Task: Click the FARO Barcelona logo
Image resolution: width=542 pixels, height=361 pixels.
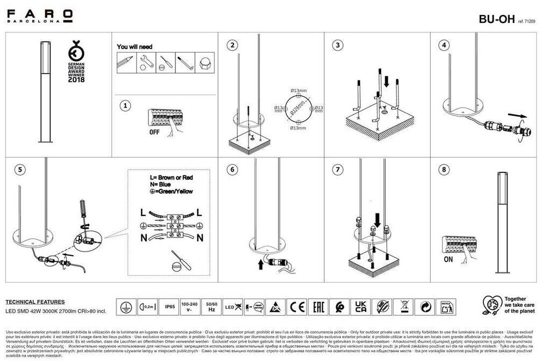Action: click(40, 16)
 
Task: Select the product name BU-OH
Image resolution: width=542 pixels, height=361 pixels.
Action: click(496, 19)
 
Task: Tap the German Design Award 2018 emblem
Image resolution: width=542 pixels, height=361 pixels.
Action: click(76, 63)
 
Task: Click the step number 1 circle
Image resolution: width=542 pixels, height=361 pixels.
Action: click(125, 106)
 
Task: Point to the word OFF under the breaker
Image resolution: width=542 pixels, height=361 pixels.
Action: click(155, 131)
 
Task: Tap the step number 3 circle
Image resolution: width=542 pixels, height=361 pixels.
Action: click(338, 45)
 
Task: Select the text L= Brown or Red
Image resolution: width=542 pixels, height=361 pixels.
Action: click(172, 177)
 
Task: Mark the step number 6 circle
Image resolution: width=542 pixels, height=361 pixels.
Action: click(232, 170)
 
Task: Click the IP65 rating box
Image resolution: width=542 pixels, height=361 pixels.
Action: click(170, 307)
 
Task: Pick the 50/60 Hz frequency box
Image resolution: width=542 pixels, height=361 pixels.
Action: click(211, 307)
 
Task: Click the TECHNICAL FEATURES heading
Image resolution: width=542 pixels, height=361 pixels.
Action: click(35, 302)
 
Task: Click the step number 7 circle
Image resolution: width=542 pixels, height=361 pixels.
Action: click(338, 170)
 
